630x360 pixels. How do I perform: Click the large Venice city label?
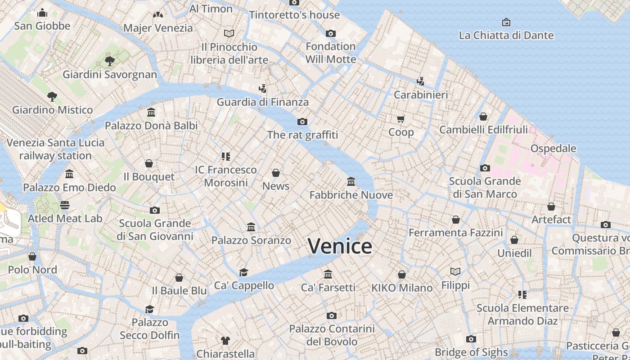[x=340, y=246]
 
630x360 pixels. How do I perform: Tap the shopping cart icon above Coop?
[x=401, y=119]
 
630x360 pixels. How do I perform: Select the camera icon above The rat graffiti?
[x=302, y=121]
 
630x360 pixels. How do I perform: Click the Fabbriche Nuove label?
[x=351, y=195]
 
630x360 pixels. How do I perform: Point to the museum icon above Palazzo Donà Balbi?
[x=151, y=112]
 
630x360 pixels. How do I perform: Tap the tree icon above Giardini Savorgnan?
[x=109, y=61]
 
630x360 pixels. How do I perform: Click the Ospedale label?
[x=553, y=148]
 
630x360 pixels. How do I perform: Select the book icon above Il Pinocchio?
[x=229, y=33]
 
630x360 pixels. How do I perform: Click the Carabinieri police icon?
[x=420, y=81]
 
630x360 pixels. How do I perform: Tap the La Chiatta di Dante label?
[x=506, y=35]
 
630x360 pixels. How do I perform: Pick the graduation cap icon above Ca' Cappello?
[x=243, y=272]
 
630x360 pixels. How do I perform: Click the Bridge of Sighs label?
[x=471, y=352]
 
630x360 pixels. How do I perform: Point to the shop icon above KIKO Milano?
[x=402, y=274]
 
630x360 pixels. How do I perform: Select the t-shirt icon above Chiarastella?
[x=225, y=341]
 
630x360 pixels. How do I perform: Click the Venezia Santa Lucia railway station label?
[x=55, y=149]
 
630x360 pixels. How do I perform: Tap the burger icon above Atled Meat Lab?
[x=65, y=205]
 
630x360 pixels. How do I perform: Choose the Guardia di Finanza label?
[x=263, y=102]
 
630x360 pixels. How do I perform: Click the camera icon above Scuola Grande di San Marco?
[x=485, y=168]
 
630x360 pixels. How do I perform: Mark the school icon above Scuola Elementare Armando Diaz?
[x=522, y=295]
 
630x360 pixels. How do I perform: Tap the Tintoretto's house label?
[x=294, y=15]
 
